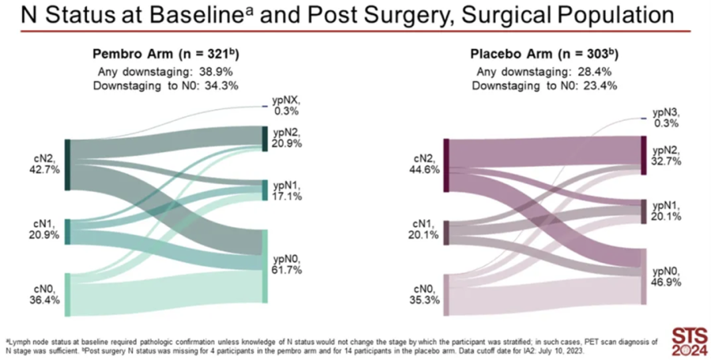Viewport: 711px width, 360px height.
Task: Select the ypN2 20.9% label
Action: pyautogui.click(x=287, y=138)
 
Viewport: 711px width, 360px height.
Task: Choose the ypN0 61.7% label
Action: pyautogui.click(x=287, y=264)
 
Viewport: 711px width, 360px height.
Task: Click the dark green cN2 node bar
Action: pyautogui.click(x=68, y=164)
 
